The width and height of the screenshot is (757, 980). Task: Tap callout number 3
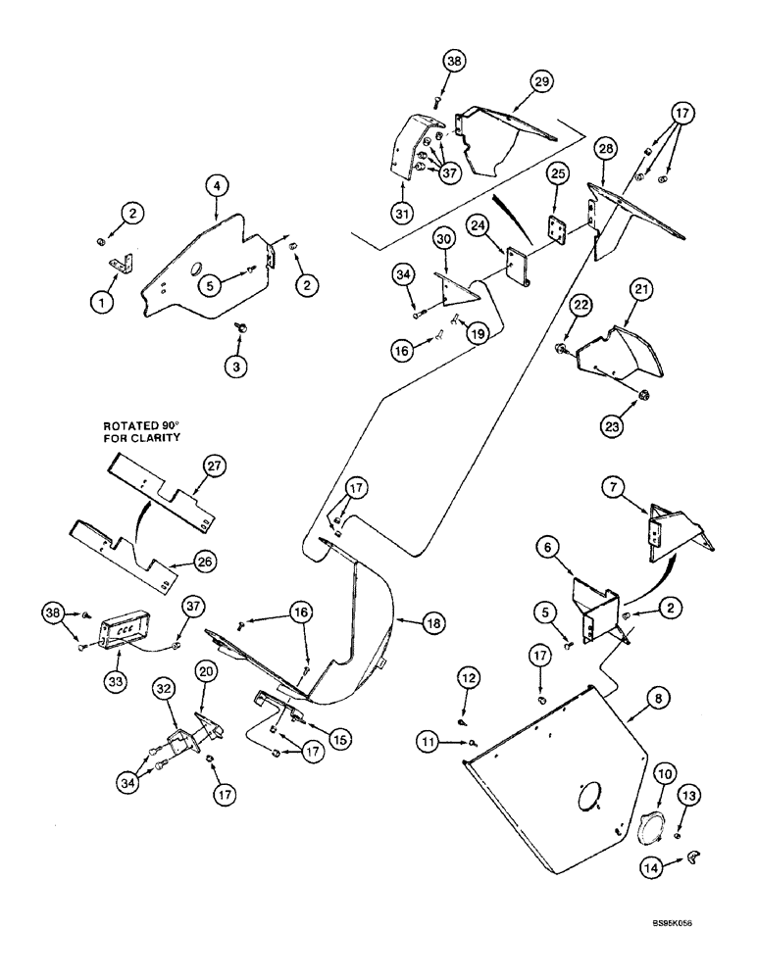pyautogui.click(x=236, y=367)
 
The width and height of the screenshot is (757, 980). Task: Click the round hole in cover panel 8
pyautogui.click(x=586, y=795)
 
